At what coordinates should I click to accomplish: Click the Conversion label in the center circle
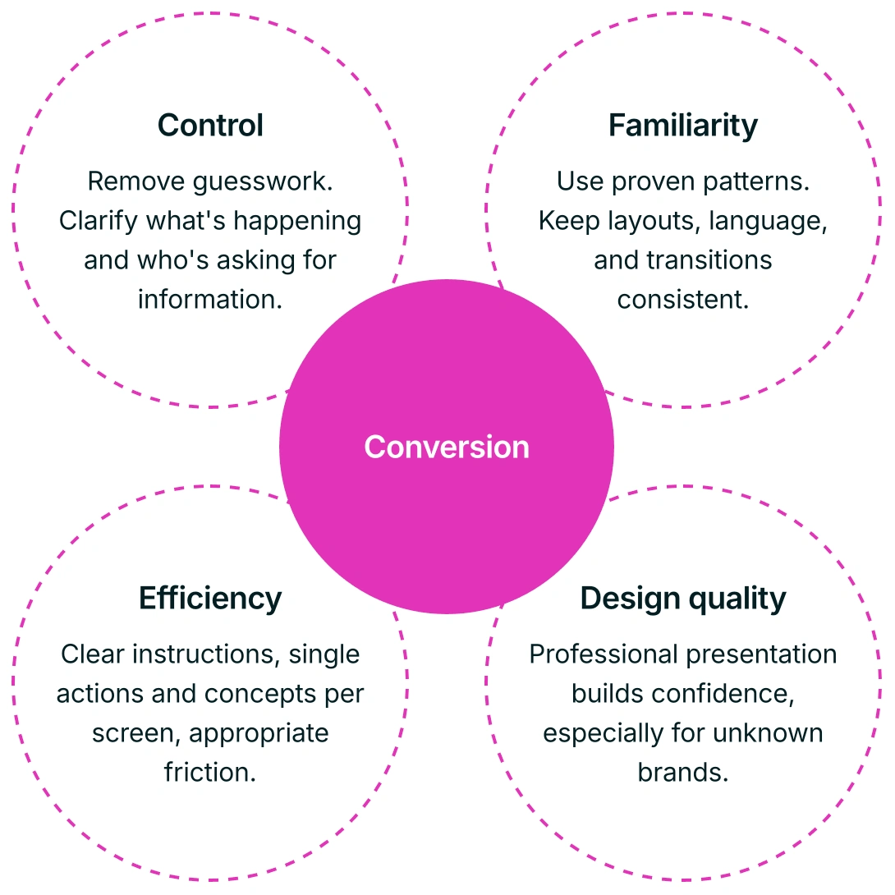(x=447, y=447)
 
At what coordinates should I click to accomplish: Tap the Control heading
(x=210, y=126)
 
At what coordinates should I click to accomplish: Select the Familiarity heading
(x=683, y=126)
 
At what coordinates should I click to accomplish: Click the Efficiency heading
(x=210, y=598)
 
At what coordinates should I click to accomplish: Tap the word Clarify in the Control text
(x=99, y=221)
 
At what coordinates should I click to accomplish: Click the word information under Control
(x=210, y=300)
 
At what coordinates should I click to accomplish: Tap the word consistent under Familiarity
(x=683, y=300)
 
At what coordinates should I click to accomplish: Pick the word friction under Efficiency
(x=210, y=773)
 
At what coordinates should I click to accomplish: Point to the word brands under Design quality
(x=683, y=773)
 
